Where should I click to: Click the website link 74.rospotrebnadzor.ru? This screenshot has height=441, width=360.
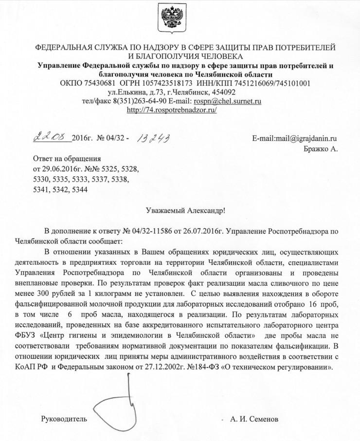coord(171,110)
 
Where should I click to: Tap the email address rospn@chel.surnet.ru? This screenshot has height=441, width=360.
coord(228,101)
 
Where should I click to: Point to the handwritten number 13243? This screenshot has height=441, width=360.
coord(153,140)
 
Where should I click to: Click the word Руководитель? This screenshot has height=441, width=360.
coord(64,419)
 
